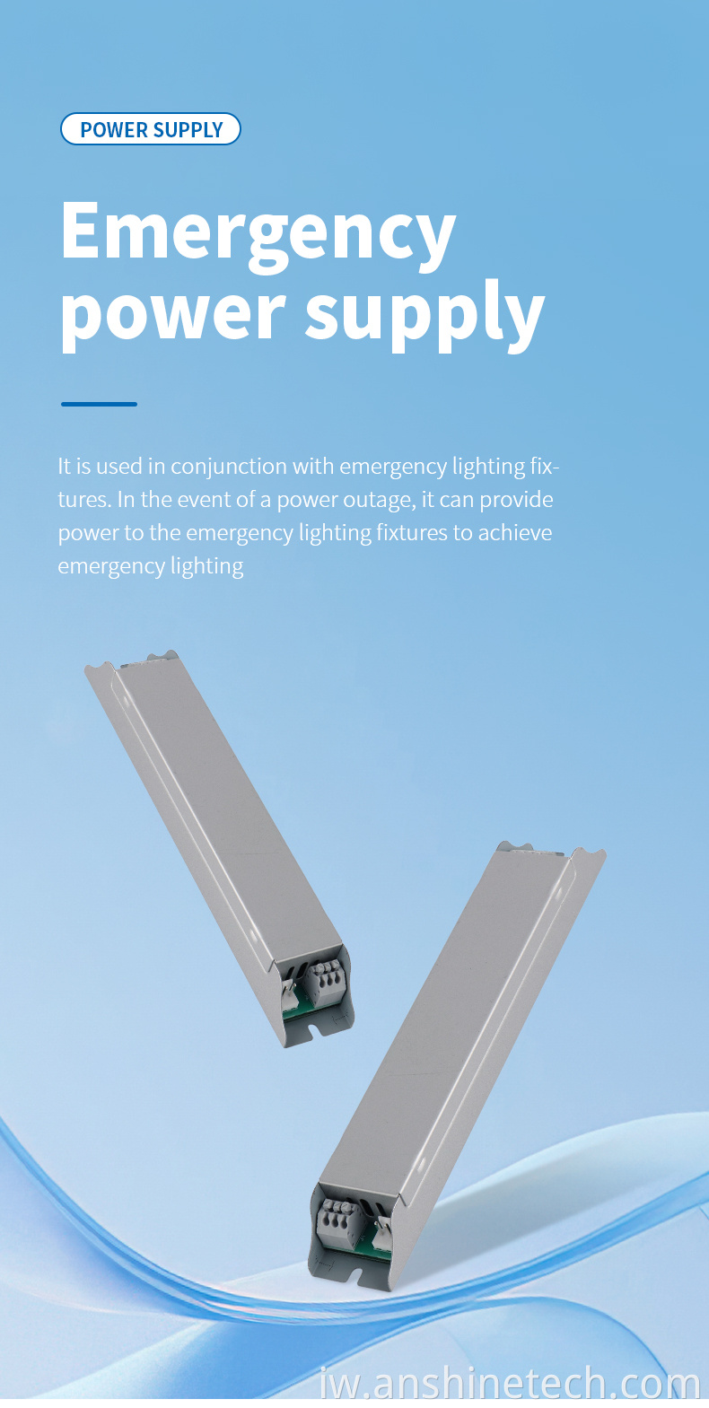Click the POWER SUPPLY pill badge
[150, 129]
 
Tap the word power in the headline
[173, 314]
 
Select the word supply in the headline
[425, 314]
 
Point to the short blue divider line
[100, 404]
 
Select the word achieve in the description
[515, 532]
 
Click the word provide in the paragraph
[516, 501]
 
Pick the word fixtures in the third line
[412, 532]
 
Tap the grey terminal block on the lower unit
[342, 1220]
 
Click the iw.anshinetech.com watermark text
[510, 1384]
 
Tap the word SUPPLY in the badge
[188, 130]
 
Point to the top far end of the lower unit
[551, 850]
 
